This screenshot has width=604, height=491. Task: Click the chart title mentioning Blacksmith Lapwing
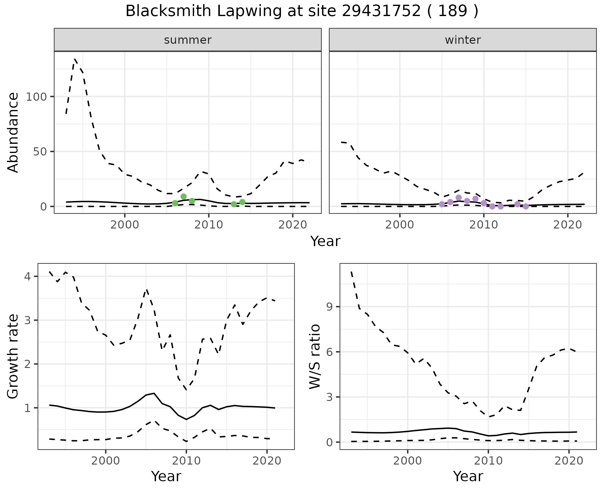click(302, 11)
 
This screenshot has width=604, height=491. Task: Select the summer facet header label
click(188, 40)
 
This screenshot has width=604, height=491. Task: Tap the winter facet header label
click(463, 40)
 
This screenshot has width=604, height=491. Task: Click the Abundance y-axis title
click(13, 133)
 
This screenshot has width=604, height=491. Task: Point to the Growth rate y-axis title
click(13, 356)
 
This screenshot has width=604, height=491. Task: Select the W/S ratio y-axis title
click(315, 356)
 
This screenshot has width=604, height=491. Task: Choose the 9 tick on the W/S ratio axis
click(329, 307)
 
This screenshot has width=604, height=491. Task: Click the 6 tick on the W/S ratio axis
click(329, 352)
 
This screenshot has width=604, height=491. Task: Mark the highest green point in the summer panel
click(184, 197)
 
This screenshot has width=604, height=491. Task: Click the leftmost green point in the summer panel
click(175, 203)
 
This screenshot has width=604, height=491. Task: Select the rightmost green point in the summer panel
click(242, 202)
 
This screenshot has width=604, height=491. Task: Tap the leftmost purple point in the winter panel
click(442, 204)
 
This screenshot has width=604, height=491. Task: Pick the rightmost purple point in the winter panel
click(526, 206)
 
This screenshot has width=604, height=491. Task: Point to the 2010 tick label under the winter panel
click(484, 225)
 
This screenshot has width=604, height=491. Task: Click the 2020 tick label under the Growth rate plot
click(267, 461)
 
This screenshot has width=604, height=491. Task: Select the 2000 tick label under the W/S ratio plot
click(408, 461)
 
